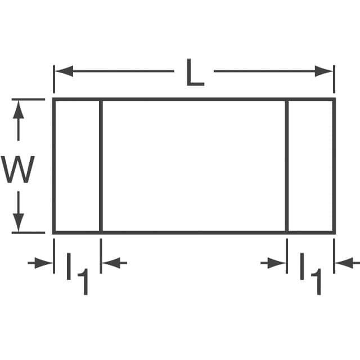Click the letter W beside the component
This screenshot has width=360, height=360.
point(19,170)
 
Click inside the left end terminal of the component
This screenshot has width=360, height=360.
point(77,166)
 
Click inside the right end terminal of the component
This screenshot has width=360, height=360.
point(310,166)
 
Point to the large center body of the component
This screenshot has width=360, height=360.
point(193,166)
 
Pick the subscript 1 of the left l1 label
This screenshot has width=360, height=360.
point(83,281)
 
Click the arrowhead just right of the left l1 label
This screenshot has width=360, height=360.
point(110,262)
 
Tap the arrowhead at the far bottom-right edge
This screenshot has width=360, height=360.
point(344,262)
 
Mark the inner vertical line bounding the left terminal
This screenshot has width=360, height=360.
point(101,166)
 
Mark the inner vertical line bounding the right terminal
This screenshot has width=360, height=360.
point(287,166)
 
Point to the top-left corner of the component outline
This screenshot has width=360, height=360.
point(54,100)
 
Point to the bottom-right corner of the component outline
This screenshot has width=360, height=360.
point(334,231)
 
